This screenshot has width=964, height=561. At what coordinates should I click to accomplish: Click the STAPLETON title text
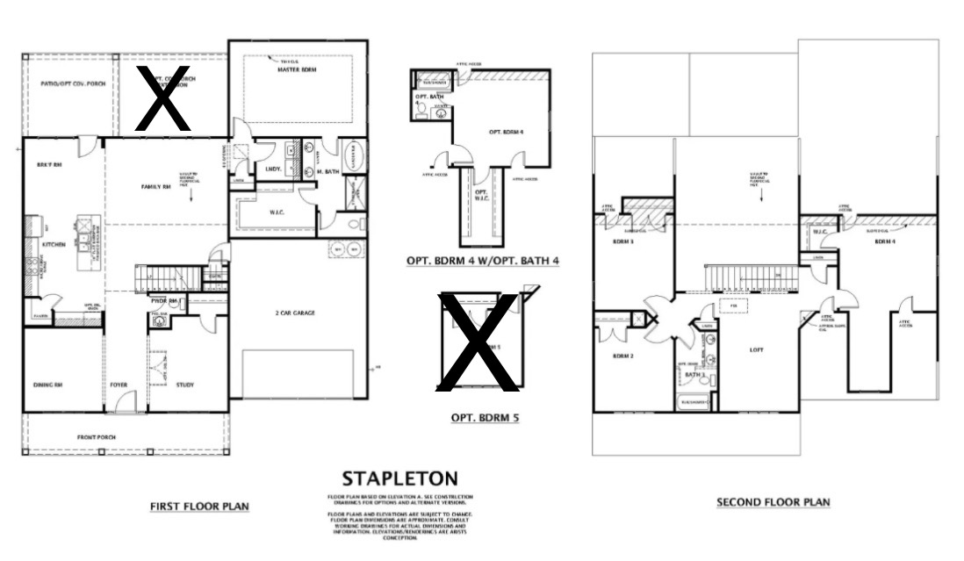(399, 479)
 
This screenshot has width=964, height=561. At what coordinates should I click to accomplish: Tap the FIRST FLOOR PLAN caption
(199, 507)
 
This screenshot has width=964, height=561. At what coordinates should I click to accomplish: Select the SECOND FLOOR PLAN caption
(773, 502)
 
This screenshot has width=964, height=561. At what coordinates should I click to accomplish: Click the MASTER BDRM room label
(297, 69)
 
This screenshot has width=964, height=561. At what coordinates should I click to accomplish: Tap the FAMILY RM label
(155, 187)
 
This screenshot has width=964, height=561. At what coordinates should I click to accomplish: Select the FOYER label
(119, 385)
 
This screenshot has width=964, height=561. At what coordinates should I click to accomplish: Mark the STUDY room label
(184, 385)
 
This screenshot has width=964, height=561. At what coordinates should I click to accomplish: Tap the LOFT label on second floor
(757, 350)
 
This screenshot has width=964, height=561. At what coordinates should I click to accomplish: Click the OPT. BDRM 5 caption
(484, 418)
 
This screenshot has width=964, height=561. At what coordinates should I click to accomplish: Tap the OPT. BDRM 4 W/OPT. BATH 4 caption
(483, 261)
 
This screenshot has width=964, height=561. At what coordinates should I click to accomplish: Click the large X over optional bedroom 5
(478, 342)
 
